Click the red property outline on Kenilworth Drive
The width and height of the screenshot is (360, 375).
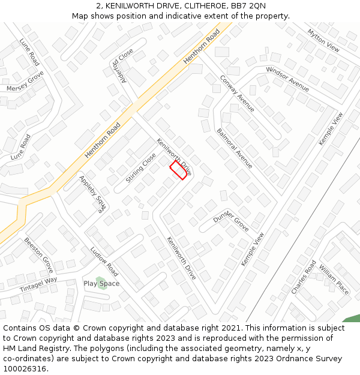[178, 170]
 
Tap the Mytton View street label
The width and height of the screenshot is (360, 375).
[323, 40]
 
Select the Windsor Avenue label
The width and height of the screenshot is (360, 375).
[287, 79]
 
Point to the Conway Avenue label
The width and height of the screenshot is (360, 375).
[237, 94]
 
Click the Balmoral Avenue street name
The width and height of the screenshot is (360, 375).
[235, 148]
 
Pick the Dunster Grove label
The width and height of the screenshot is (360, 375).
[231, 220]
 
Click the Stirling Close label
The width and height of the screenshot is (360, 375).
[141, 168]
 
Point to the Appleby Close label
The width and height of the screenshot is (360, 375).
[92, 195]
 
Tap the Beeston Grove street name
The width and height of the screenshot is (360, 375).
[38, 254]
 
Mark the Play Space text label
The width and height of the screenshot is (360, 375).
[101, 283]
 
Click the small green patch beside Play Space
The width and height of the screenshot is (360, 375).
[102, 283]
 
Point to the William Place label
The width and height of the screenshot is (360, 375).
[334, 280]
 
